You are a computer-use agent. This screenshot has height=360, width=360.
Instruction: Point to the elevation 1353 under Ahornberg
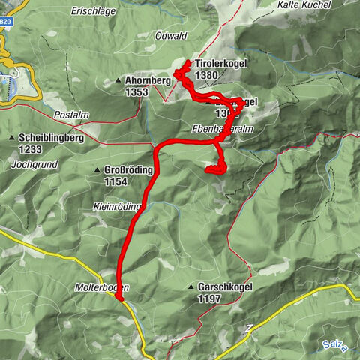[x=138, y=91]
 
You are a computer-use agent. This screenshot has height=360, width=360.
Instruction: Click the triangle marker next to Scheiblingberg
[x=13, y=138]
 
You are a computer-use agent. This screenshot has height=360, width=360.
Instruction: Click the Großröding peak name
[x=129, y=170]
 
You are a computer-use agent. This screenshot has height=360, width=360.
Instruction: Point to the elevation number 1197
[x=211, y=298]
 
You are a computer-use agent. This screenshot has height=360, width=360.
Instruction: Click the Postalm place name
[x=72, y=115]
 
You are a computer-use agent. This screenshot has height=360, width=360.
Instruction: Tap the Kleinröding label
[x=118, y=206]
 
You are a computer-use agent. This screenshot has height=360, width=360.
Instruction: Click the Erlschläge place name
[x=94, y=11]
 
